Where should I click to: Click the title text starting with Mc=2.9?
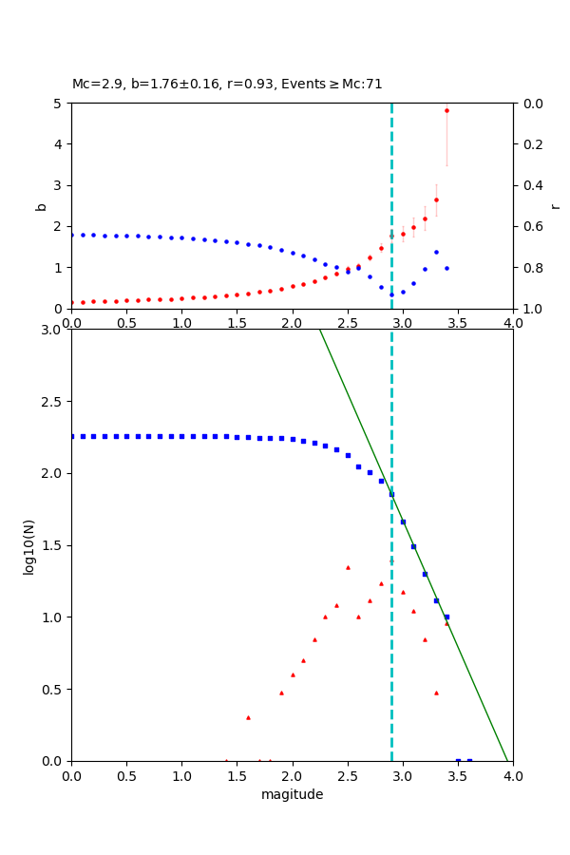(227, 84)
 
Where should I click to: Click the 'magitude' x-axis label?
(292, 794)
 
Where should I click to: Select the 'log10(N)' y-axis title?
(29, 545)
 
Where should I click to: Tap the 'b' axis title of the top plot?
(41, 206)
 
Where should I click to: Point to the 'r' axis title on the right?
(555, 206)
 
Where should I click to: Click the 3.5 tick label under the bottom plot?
(458, 776)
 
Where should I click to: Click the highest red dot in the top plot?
(446, 110)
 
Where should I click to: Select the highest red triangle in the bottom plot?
(348, 567)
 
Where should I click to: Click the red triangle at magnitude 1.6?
(248, 717)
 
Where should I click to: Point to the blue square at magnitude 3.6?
(469, 761)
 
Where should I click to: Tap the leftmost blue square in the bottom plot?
(72, 436)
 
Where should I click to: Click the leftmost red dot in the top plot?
(72, 302)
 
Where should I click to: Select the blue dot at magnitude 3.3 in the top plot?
(436, 252)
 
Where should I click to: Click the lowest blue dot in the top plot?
(391, 294)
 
